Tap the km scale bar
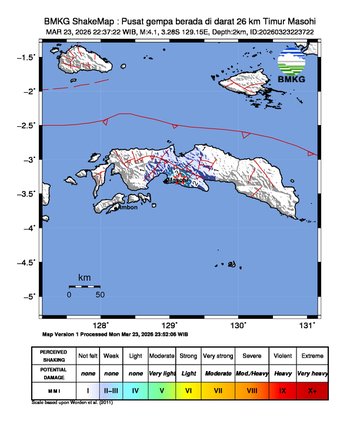85,286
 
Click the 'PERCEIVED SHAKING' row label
53,354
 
